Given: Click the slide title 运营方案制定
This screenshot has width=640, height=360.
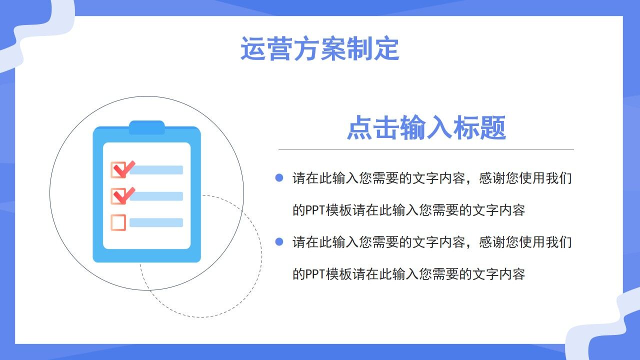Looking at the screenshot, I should coord(319,49).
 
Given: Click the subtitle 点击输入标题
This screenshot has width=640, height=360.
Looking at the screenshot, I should coord(426,128).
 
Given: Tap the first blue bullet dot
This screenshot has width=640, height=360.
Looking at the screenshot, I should coord(279,177).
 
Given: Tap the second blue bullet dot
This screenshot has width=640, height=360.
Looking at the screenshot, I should coord(279,242).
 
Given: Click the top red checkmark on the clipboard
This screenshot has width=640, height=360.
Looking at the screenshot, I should coord(122,169).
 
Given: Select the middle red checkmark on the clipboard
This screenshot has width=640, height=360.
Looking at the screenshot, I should coord(122,195).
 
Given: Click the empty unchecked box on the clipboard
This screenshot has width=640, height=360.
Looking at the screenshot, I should coord(118,222).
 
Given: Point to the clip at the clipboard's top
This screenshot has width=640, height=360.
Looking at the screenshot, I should coord(146,127).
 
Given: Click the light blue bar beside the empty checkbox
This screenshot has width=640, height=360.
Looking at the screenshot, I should coord(156,222).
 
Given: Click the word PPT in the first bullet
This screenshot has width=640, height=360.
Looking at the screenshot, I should coord(315,210).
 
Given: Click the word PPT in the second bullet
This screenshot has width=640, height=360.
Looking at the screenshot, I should coord(315,274).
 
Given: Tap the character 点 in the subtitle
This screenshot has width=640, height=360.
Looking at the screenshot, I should coord(359,128).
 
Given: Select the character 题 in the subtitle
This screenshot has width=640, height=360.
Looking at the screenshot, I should coord(492,128).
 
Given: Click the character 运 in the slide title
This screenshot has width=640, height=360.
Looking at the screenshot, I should coord(253,49).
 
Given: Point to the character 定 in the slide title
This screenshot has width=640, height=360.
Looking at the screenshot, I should coord(386,49).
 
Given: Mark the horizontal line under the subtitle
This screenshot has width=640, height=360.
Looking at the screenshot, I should coord(426,149).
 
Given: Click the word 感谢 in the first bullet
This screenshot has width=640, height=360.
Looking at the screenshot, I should coord(492,178).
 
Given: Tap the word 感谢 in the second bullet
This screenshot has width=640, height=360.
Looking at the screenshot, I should coord(492,242).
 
